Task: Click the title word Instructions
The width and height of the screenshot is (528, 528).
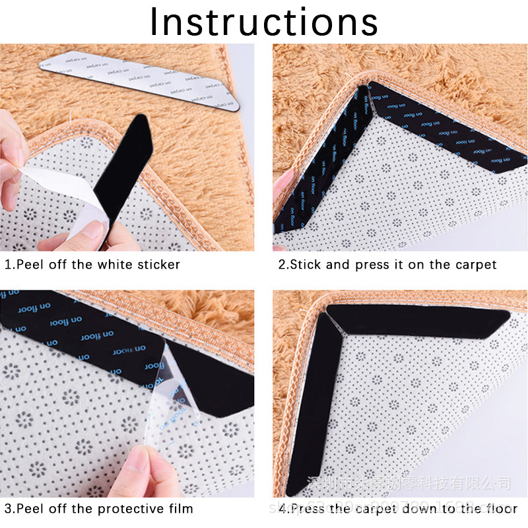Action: click(x=264, y=22)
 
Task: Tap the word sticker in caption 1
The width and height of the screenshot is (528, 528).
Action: click(x=158, y=265)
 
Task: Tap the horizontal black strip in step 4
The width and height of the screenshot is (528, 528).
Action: click(x=416, y=319)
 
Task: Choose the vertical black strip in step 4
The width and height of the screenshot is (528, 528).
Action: click(x=310, y=409)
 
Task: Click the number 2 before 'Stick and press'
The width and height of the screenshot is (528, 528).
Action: click(x=282, y=265)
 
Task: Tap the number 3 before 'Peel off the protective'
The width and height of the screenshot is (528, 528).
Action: click(x=8, y=509)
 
